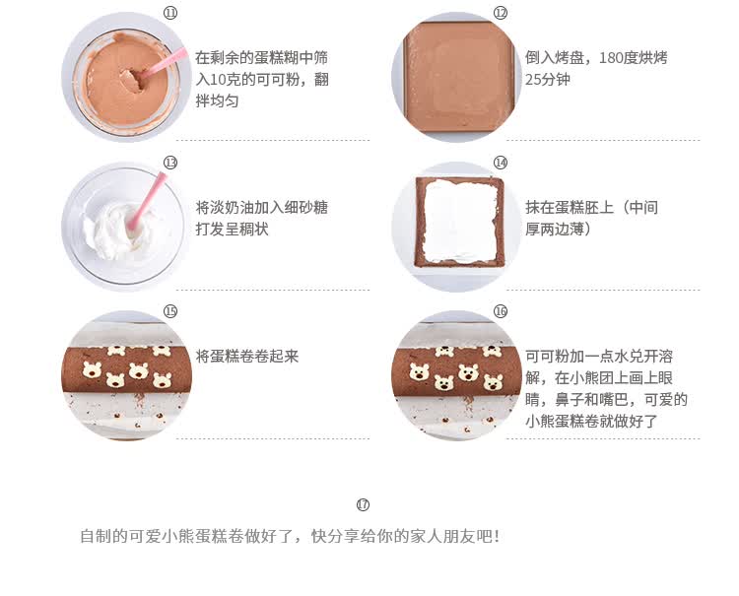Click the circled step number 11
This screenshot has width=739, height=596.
[x=170, y=13]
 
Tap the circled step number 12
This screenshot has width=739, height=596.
[x=500, y=13]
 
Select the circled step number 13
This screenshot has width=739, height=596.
[x=170, y=163]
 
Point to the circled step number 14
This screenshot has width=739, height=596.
[x=500, y=163]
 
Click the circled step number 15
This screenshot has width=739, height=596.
[x=170, y=311]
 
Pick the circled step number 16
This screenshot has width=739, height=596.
[x=500, y=311]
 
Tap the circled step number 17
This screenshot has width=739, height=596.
[x=363, y=504]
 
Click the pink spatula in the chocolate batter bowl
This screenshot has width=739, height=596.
[x=163, y=63]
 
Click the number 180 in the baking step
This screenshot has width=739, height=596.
[x=610, y=58]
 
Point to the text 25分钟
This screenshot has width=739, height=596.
[x=548, y=80]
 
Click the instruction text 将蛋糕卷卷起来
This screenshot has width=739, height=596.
[x=247, y=357]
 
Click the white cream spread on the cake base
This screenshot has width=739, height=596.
[x=460, y=221]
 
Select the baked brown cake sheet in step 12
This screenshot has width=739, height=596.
[x=458, y=76]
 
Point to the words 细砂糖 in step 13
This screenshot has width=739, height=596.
[x=305, y=208]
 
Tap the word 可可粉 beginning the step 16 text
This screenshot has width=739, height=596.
[x=547, y=357]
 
